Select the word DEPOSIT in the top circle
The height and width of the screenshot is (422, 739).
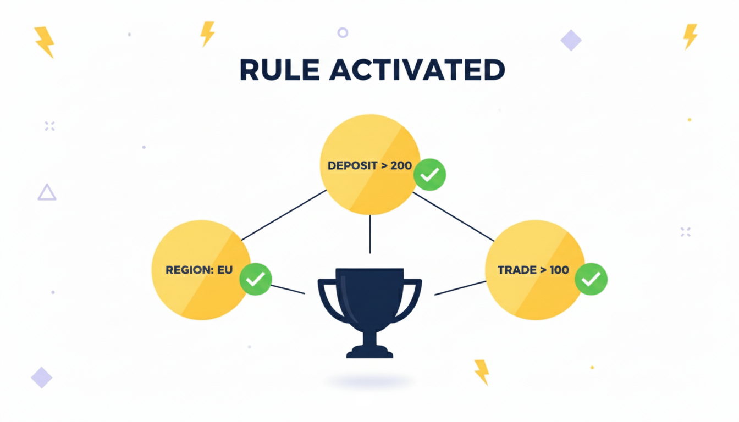point(351,165)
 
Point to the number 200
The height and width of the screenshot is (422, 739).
point(401,165)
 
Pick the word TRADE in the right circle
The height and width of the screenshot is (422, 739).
point(516,270)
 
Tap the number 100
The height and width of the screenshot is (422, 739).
point(558,270)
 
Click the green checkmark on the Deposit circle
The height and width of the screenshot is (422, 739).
point(429,175)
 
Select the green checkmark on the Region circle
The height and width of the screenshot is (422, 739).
point(255,279)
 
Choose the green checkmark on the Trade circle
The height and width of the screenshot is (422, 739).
point(591,279)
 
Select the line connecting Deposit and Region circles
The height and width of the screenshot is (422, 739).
point(284,215)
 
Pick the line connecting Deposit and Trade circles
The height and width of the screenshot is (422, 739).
point(453,216)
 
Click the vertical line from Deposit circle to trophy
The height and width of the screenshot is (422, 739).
point(370,234)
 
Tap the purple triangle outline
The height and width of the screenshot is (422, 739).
point(47,192)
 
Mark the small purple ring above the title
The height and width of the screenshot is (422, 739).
point(343,32)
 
